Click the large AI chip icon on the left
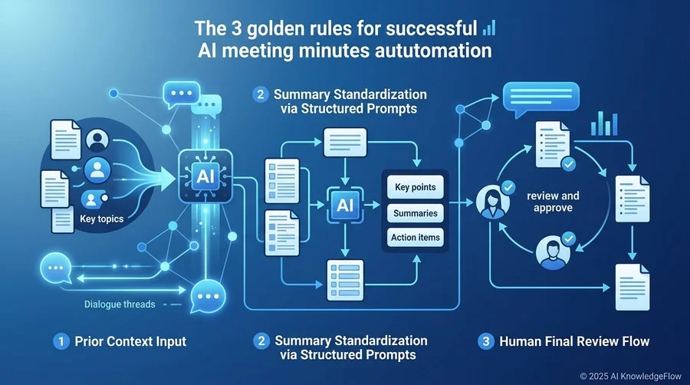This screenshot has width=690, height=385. point(205,176)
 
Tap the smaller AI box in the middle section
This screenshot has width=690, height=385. point(345,205)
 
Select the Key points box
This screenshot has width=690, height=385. point(415,187)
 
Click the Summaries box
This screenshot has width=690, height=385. point(415,213)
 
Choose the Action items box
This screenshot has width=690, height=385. point(415,237)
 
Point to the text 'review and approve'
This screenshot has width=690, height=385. point(553,202)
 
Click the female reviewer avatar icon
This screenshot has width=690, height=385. point(492,202)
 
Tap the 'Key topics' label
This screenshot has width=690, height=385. point(102,219)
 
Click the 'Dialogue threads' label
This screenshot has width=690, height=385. point(120,304)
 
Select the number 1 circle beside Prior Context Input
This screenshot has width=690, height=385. point(61,341)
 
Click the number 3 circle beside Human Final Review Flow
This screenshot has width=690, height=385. point(486,341)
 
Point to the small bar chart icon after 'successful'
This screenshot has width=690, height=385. point(489,28)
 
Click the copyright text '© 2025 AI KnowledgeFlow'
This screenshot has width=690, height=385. point(630,377)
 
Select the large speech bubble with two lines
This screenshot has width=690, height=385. point(540,98)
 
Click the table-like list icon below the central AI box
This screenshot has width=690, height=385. point(345,280)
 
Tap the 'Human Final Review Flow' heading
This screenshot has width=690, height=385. point(574,341)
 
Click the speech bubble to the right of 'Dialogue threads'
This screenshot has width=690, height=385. point(208,296)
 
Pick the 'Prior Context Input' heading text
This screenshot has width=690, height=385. point(130,341)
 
